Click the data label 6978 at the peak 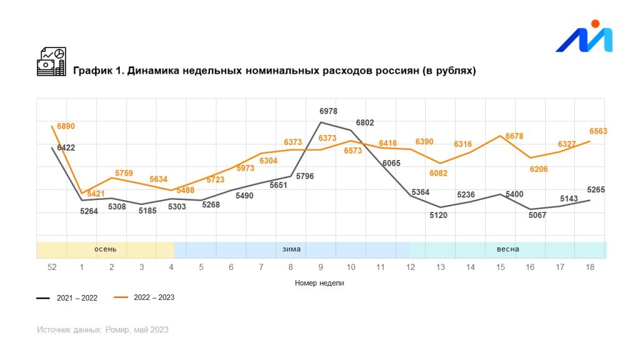tap(328, 111)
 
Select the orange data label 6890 tap(66, 126)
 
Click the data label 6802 tap(365, 123)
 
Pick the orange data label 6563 tap(598, 131)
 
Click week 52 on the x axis tap(52, 267)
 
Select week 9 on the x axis tap(321, 267)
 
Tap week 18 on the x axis tap(589, 267)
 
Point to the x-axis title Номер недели tap(319, 283)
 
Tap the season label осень tap(106, 249)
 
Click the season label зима tap(291, 249)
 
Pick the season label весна tap(507, 249)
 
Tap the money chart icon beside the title tap(51, 62)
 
